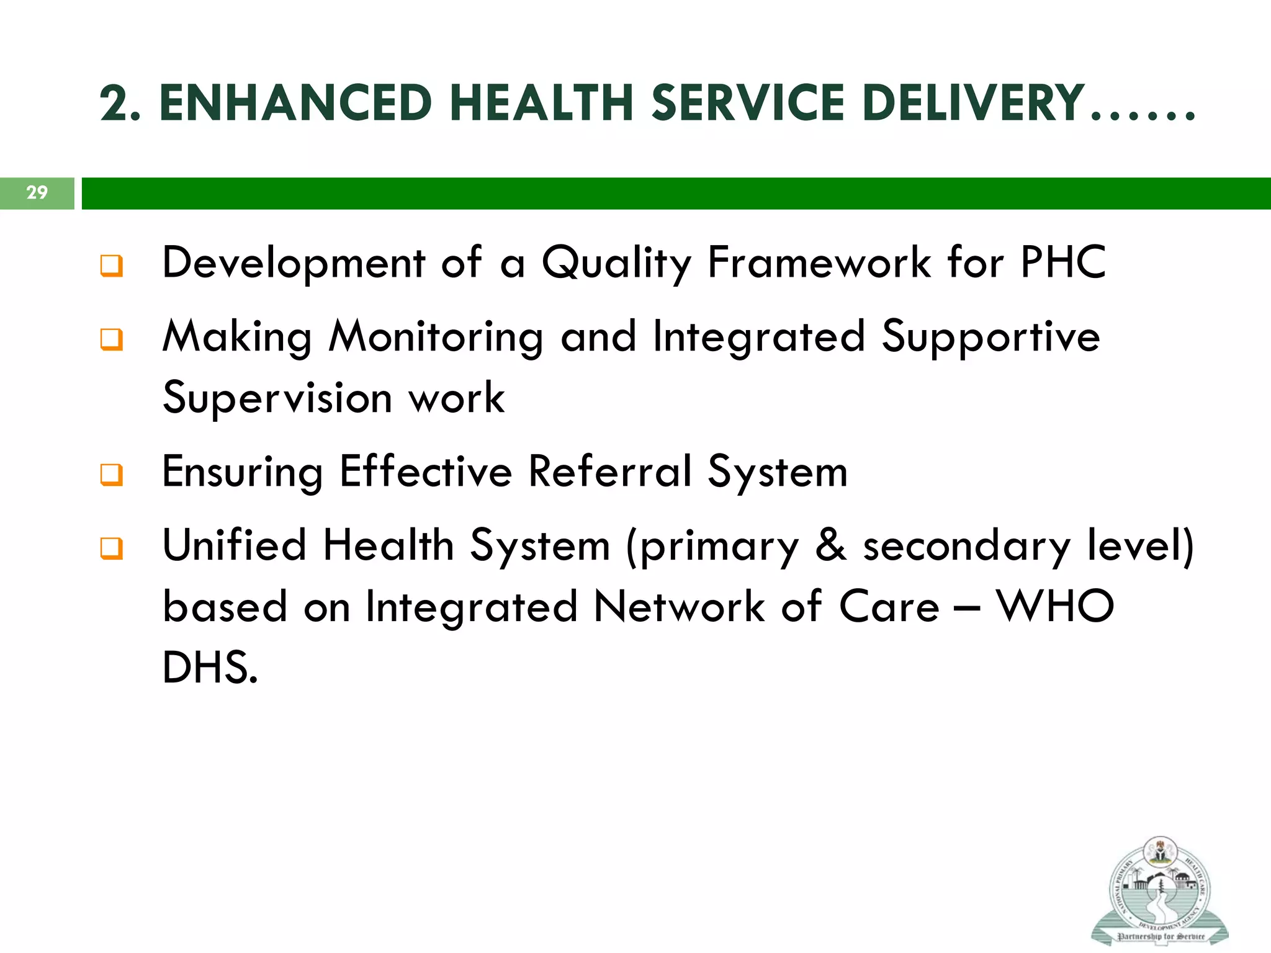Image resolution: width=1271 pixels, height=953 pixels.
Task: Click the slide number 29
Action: tap(37, 192)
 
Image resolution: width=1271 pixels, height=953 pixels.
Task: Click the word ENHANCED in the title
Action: tap(295, 103)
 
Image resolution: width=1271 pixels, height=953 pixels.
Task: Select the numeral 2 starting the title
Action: tap(115, 103)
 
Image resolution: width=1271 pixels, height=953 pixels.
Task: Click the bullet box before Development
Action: tap(112, 266)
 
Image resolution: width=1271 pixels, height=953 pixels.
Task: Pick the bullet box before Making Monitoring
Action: tap(112, 339)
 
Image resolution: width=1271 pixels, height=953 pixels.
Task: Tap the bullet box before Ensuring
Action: tap(112, 475)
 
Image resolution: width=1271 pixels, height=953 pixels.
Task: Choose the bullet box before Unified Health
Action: tap(112, 548)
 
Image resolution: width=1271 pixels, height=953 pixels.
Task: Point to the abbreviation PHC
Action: tap(1063, 262)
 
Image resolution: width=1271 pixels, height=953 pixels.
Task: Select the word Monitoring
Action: tap(436, 337)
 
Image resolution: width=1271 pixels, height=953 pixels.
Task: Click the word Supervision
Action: tap(277, 398)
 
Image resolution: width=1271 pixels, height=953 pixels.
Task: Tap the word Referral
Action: tap(609, 472)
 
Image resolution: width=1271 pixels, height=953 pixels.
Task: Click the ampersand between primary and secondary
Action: tap(830, 545)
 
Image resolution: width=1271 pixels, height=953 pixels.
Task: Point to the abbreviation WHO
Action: tap(1055, 606)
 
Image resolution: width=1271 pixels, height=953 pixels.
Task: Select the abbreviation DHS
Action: tap(209, 668)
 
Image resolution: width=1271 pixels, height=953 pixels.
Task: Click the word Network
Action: tap(679, 606)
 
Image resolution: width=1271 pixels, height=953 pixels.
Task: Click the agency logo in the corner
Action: tap(1159, 891)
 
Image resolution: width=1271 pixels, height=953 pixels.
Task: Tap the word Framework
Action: tap(819, 262)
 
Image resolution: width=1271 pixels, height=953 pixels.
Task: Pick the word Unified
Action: tap(234, 545)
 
